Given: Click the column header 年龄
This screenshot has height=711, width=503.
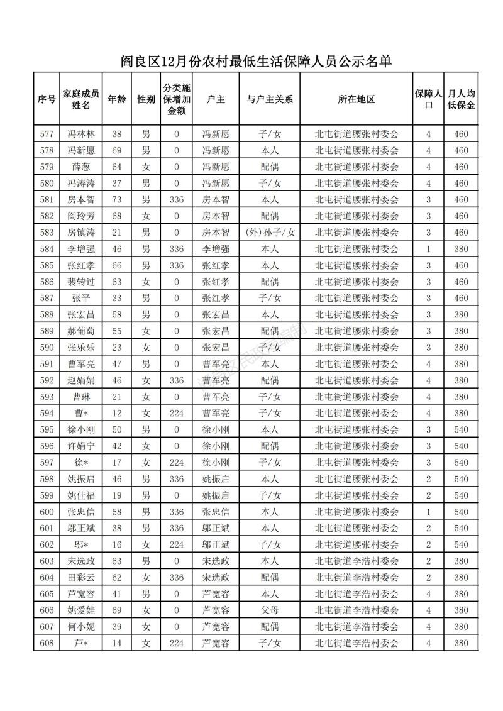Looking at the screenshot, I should pos(116,99).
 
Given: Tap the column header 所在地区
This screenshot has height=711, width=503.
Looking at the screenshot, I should pos(356,99).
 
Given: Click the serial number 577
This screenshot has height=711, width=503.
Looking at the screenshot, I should pos(47,134).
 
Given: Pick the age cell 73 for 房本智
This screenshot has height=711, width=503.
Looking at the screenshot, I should pos(116,199).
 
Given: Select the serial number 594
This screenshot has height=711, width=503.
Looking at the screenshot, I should pos(47,412).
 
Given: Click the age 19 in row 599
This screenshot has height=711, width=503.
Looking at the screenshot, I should pos(116,495).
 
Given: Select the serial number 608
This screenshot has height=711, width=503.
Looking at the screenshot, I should pos(47,642).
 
